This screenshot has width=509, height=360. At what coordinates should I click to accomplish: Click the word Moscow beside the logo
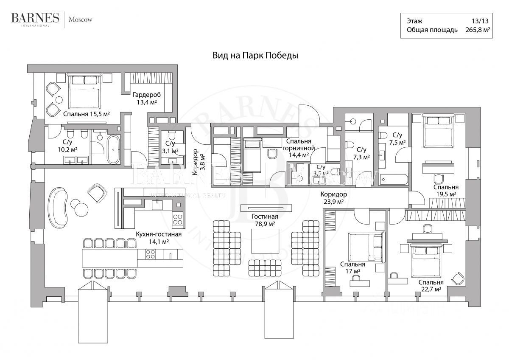[x=81, y=19]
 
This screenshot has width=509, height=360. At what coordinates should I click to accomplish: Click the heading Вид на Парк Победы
[x=255, y=55]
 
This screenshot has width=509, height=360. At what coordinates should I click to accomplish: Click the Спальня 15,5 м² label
[x=87, y=114]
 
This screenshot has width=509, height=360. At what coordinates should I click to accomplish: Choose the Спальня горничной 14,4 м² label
[x=299, y=148]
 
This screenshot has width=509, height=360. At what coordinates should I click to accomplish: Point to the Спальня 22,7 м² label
[x=431, y=286]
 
